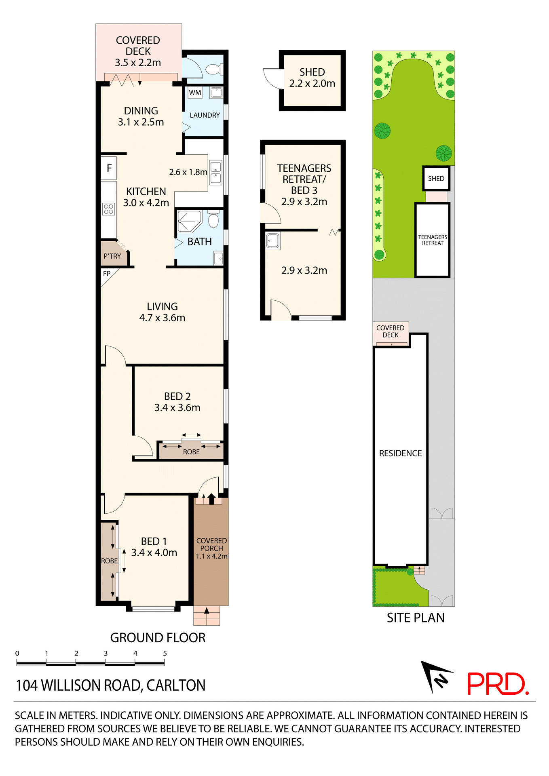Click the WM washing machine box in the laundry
tap(195, 93)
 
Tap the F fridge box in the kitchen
tap(109, 168)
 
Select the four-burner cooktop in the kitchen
tap(108, 209)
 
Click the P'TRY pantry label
tap(112, 256)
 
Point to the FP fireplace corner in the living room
tap(107, 274)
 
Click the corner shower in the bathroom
tap(189, 221)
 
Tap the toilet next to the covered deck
tap(213, 69)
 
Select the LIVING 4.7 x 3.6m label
tap(162, 312)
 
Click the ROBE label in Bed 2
tap(191, 452)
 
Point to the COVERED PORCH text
tap(211, 544)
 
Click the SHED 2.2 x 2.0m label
tap(312, 78)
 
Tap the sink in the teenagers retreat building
tap(273, 241)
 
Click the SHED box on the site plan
tap(436, 179)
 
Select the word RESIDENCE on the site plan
tap(400, 453)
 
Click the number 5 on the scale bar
tap(165, 653)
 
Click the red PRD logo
tap(497, 684)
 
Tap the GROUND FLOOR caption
tap(158, 638)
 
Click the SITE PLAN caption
tap(415, 618)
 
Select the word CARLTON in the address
tap(176, 685)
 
